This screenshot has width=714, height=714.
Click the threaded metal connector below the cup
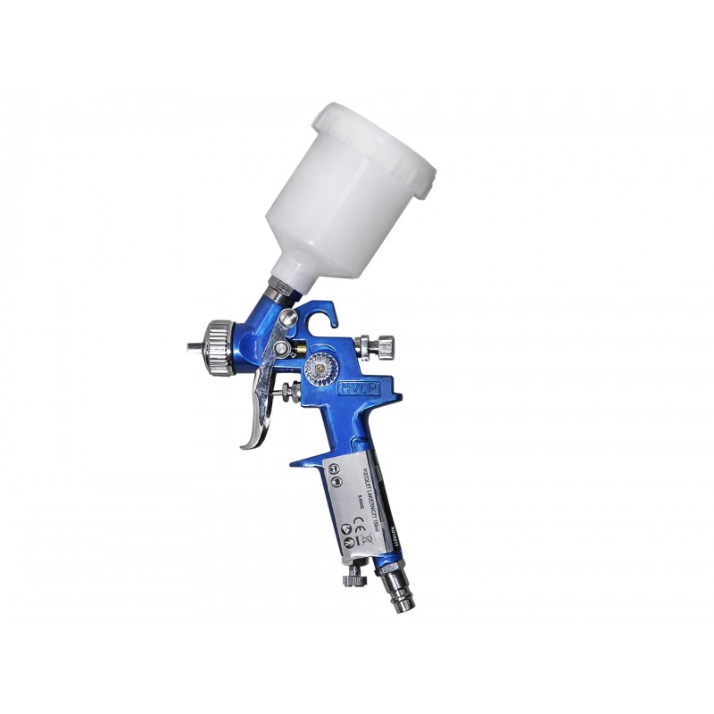tap(278, 288)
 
